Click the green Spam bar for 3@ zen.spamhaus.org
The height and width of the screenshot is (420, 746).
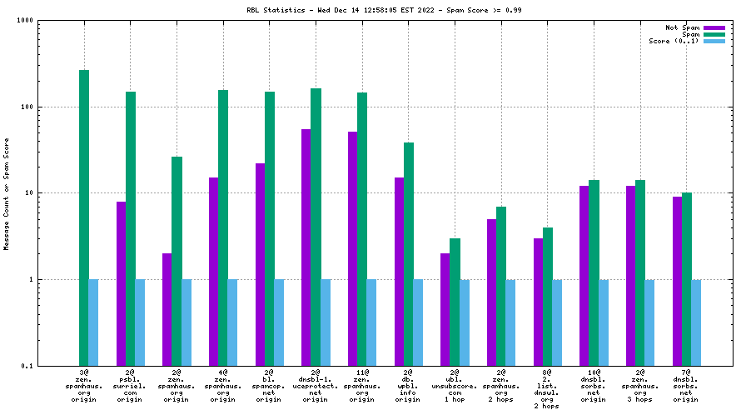click(84, 217)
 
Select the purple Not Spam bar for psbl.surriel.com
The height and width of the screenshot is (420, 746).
click(122, 283)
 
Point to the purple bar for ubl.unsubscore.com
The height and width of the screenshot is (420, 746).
click(445, 308)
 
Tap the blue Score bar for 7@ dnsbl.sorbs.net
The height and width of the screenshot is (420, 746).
click(696, 322)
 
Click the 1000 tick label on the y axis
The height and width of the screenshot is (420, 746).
click(23, 21)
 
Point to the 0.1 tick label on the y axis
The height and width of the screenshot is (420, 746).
click(27, 366)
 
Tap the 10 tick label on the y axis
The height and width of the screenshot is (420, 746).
click(28, 193)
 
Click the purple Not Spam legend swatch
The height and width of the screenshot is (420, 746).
click(714, 27)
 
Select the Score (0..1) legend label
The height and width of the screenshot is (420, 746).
click(674, 41)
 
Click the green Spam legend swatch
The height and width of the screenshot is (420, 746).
click(714, 34)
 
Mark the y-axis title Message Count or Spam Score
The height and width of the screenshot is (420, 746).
click(7, 193)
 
